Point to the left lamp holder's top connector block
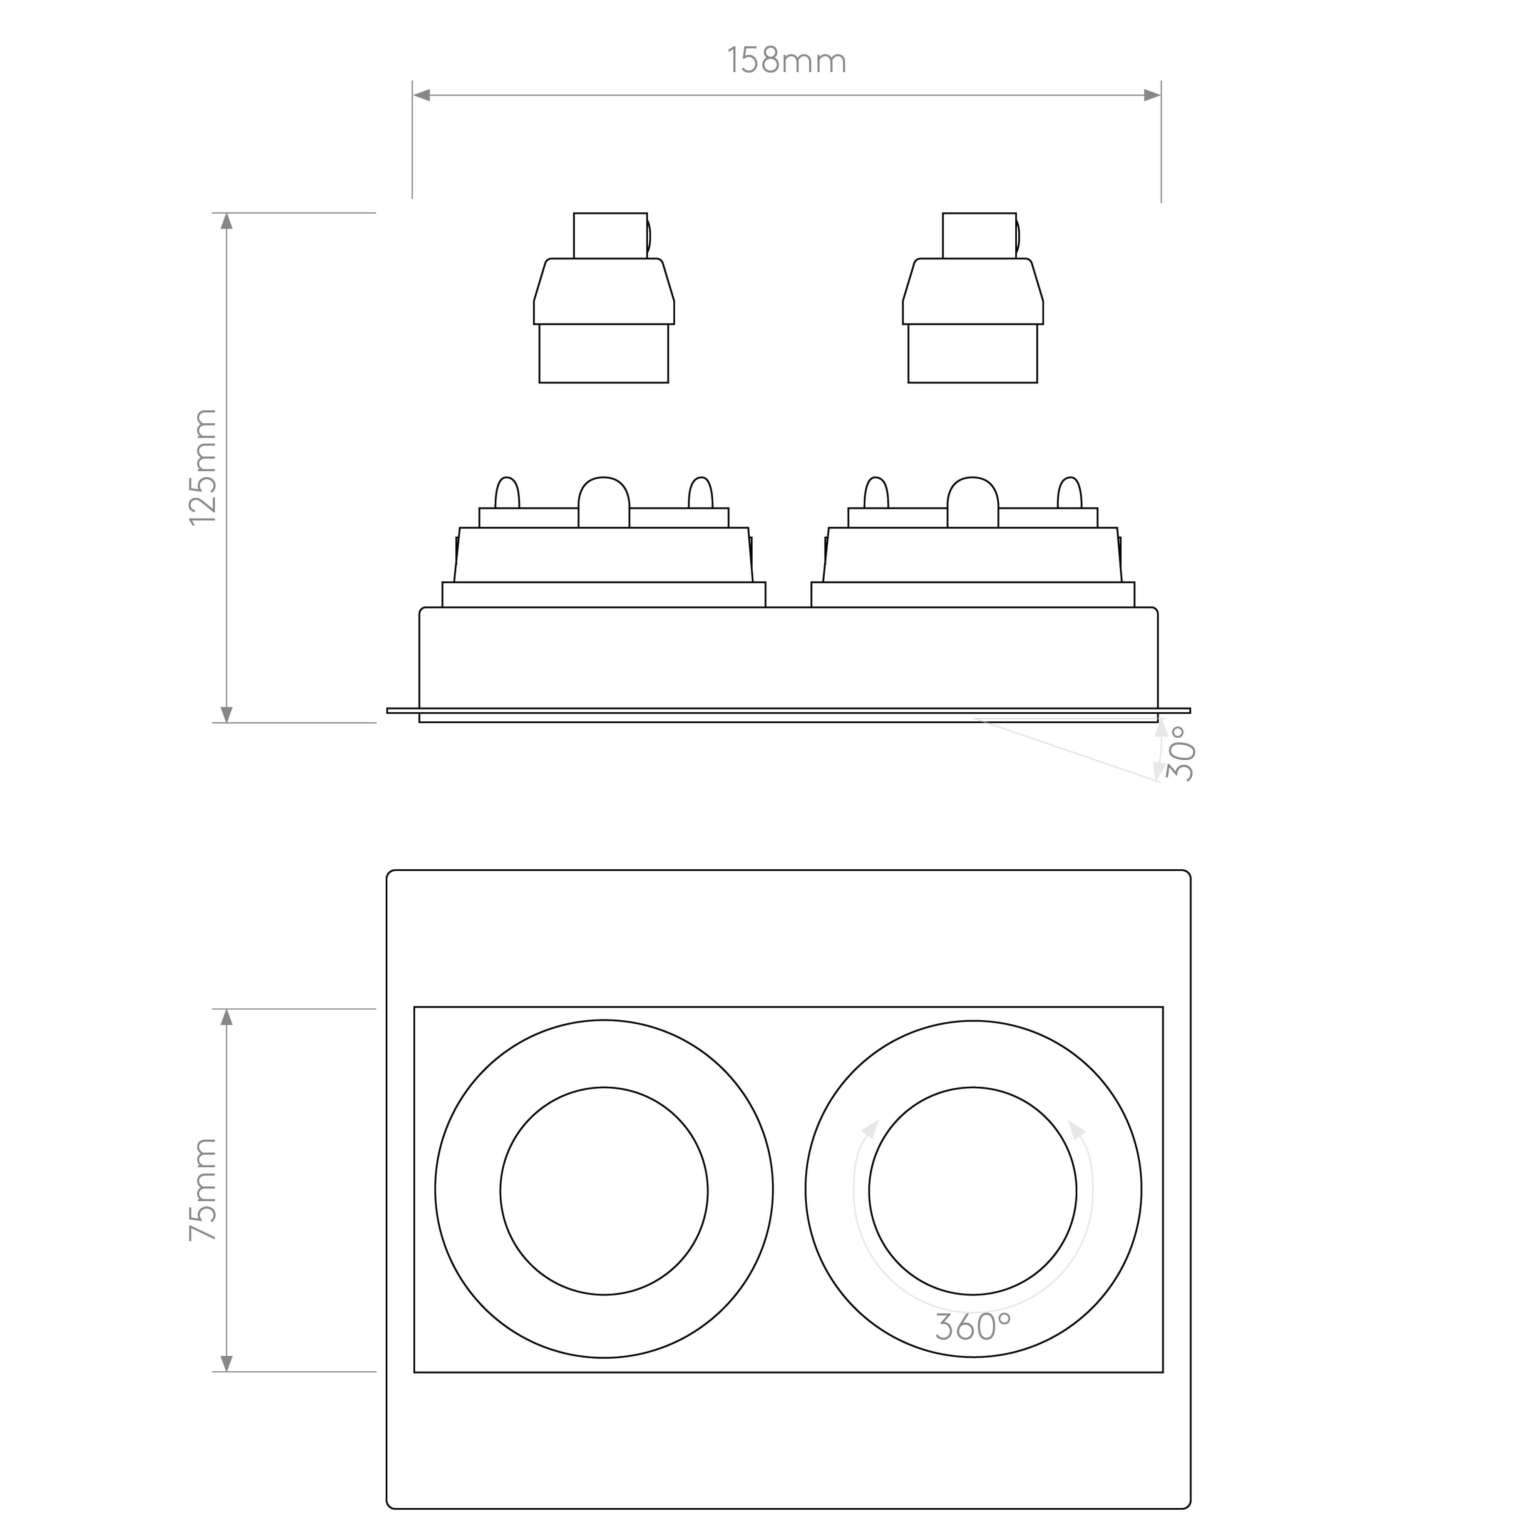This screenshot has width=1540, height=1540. (611, 236)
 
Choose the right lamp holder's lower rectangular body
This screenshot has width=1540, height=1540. (973, 353)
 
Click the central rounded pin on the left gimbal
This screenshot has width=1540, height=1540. (604, 502)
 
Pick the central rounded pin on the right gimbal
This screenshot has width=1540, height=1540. (973, 502)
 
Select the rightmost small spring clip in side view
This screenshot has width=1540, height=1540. (1070, 493)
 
